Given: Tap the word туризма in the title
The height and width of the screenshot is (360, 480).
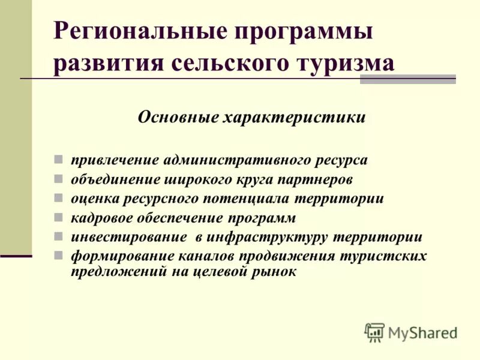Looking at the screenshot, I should (344, 63).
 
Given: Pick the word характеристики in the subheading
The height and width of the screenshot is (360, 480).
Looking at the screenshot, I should (294, 116).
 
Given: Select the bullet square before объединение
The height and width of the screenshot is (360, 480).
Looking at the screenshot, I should (58, 179).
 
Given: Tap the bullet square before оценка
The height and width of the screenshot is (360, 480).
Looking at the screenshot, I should (58, 198).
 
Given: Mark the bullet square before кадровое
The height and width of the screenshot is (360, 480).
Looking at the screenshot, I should (58, 217).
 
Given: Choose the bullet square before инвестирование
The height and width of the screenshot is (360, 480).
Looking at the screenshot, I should (58, 236).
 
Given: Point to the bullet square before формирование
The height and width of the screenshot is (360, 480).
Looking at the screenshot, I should (58, 254).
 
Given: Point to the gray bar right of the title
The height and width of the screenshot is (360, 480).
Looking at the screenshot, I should (407, 79).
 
